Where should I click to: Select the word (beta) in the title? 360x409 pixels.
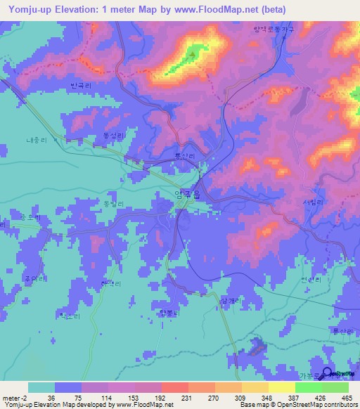click(x=271, y=8)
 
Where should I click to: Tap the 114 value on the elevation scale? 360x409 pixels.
click(x=107, y=398)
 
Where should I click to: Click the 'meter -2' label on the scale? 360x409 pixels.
click(x=13, y=398)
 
